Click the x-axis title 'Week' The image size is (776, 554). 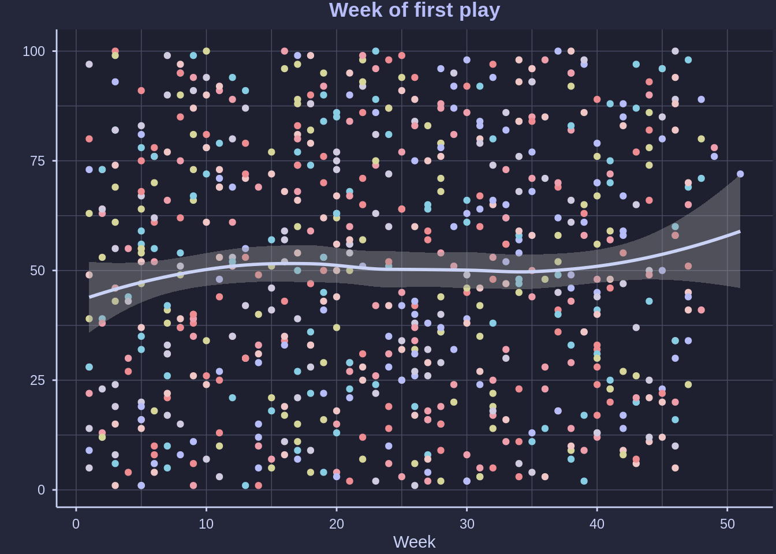tap(414, 542)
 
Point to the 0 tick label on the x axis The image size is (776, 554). tap(76, 524)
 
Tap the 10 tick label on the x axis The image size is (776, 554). tap(206, 524)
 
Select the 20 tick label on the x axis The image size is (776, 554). tap(337, 524)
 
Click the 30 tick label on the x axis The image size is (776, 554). tap(467, 524)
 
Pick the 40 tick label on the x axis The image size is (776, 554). tap(597, 524)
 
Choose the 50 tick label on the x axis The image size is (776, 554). tap(727, 524)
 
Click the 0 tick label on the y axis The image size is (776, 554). tap(41, 490)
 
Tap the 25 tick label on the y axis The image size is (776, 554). tap(38, 380)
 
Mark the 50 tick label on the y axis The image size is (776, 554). tap(38, 271)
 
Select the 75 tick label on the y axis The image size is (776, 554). tap(38, 161)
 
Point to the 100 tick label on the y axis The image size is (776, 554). tap(33, 51)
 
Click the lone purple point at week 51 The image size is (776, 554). tap(740, 174)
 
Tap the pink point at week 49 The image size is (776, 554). tap(714, 148)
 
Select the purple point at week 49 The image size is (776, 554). tap(714, 157)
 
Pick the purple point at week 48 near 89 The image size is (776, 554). tap(701, 100)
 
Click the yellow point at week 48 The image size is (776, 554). tap(701, 139)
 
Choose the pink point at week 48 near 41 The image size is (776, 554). tap(701, 310)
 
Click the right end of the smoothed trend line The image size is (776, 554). tap(740, 231)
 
